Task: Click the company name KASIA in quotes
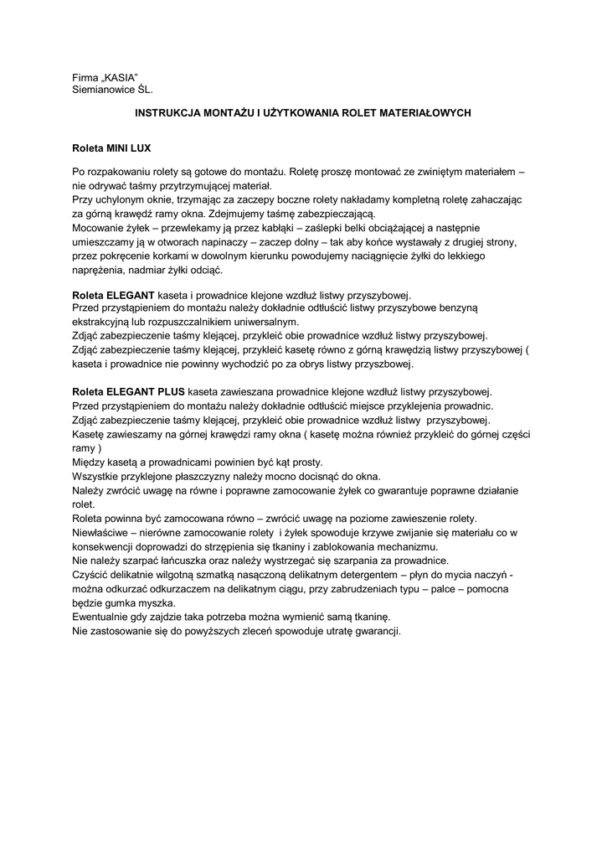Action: point(119,77)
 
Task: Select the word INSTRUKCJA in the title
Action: point(166,111)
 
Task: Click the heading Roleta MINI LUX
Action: point(111,147)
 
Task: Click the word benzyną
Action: point(455,308)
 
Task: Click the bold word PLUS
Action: point(171,390)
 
